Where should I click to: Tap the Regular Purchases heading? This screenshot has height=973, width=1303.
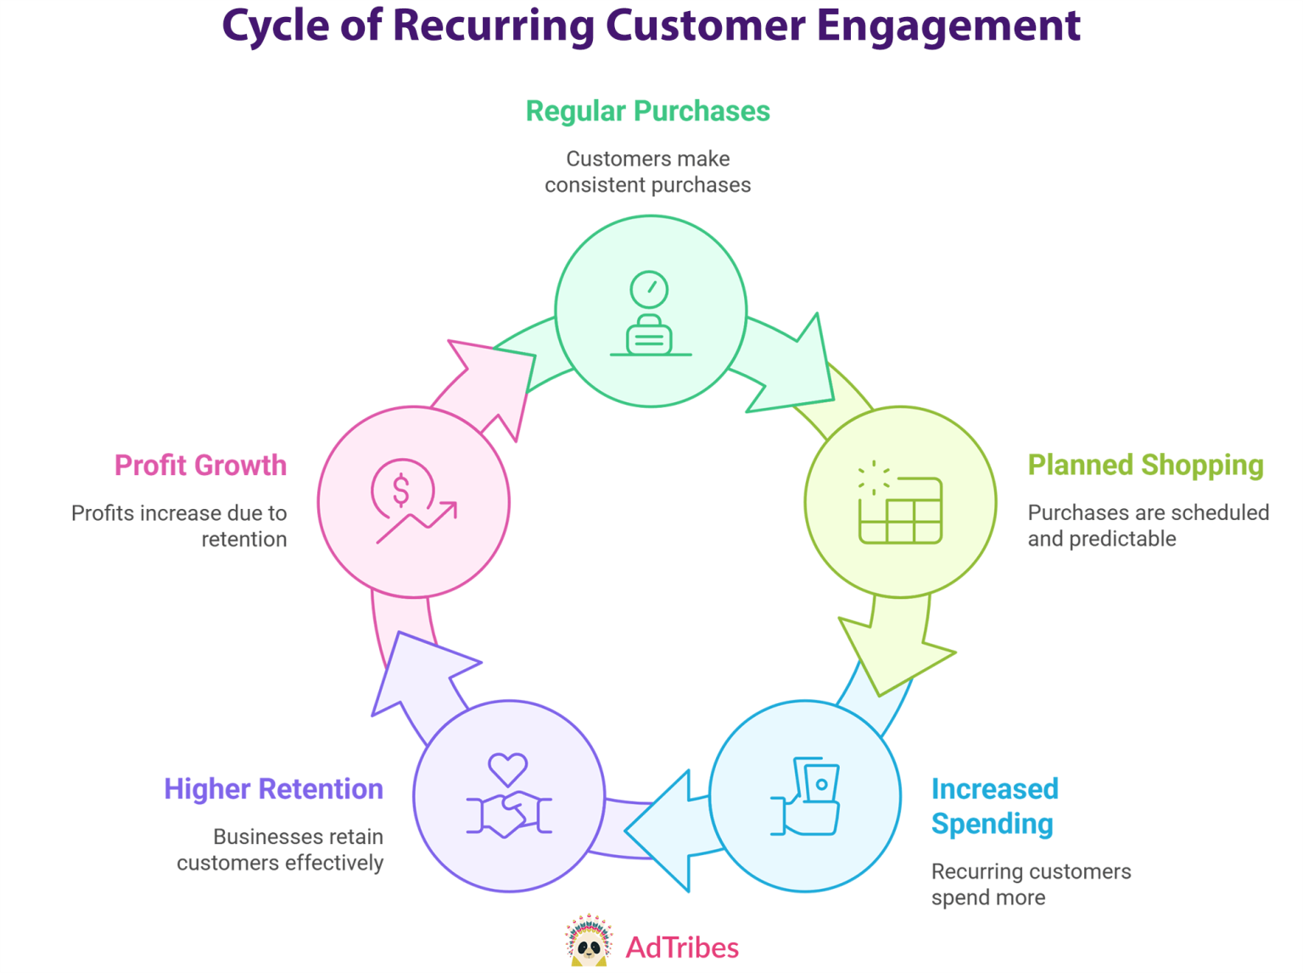[647, 111]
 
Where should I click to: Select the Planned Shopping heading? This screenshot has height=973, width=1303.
[1145, 465]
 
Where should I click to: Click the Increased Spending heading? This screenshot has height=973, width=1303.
[994, 806]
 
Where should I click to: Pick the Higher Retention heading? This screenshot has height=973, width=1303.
[273, 789]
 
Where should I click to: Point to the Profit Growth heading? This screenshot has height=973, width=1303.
[200, 465]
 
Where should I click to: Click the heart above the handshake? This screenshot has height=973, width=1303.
[507, 769]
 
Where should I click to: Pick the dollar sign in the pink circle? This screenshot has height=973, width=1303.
[401, 489]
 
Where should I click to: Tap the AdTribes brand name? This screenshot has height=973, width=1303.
[682, 948]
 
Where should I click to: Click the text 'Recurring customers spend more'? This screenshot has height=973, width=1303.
[1030, 884]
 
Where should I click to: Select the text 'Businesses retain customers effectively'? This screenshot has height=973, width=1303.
[280, 849]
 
